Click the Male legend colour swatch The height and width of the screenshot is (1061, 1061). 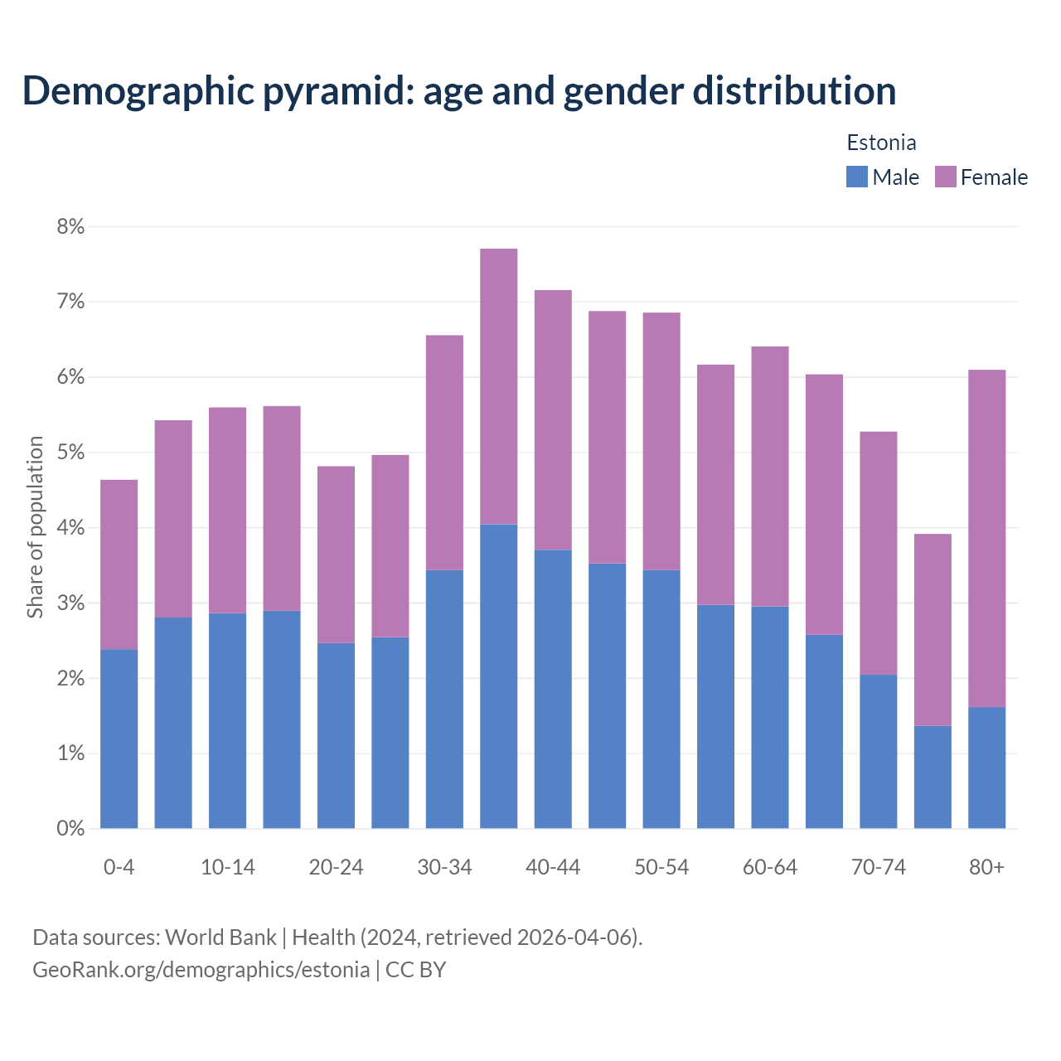click(x=856, y=177)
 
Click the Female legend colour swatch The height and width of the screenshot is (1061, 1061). click(x=945, y=177)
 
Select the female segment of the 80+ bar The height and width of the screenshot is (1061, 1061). click(x=986, y=539)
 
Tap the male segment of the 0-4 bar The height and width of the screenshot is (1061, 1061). click(x=119, y=739)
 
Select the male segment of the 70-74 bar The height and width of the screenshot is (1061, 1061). click(x=878, y=751)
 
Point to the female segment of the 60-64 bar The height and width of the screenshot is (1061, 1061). click(x=769, y=477)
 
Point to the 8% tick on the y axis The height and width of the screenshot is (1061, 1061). click(x=70, y=226)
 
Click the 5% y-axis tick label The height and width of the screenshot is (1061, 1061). click(x=70, y=453)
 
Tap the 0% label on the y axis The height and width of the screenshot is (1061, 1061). click(x=70, y=828)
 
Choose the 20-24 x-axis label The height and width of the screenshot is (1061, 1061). click(x=336, y=867)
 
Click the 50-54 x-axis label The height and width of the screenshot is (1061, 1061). click(x=661, y=867)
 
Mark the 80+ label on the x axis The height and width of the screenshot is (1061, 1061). click(x=986, y=867)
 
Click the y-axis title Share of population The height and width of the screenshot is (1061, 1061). click(x=35, y=527)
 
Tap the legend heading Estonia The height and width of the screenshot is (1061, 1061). click(x=881, y=143)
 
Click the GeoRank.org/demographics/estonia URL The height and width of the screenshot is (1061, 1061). click(x=201, y=970)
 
